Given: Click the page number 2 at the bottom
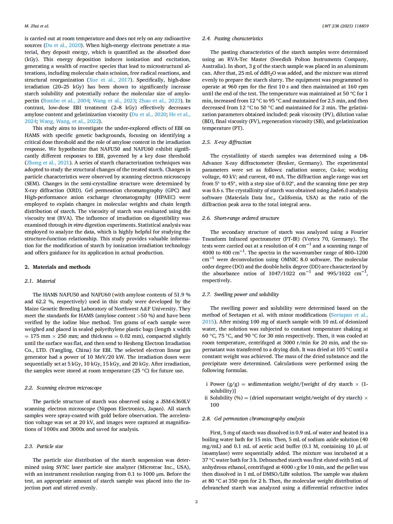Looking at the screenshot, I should (196, 502).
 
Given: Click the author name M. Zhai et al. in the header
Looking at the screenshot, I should (36, 26).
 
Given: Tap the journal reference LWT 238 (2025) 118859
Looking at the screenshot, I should (345, 26).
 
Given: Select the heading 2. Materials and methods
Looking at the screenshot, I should (57, 267).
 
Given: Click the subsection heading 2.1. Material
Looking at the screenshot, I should (40, 281).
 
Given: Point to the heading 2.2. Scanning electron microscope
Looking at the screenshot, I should (63, 388).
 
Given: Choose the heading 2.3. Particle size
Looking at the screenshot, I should (44, 446).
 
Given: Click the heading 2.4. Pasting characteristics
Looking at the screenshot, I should (232, 39).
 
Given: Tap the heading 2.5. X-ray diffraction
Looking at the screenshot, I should (227, 142).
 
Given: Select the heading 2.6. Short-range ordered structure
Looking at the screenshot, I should (240, 218).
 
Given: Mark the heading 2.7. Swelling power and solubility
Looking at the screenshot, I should (240, 294).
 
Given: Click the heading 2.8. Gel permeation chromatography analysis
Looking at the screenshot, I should (253, 418).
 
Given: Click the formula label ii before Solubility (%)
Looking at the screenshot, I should (206, 398).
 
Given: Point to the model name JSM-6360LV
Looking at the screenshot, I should (175, 401).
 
